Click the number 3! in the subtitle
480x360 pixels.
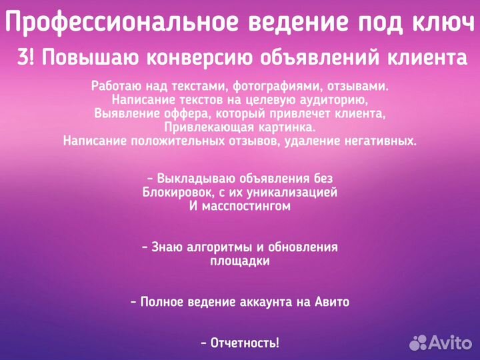[x=26, y=58]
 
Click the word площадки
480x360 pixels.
[x=240, y=261]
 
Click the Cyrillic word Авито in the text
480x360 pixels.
[x=331, y=302]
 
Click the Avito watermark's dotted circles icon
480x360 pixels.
[x=419, y=343]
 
